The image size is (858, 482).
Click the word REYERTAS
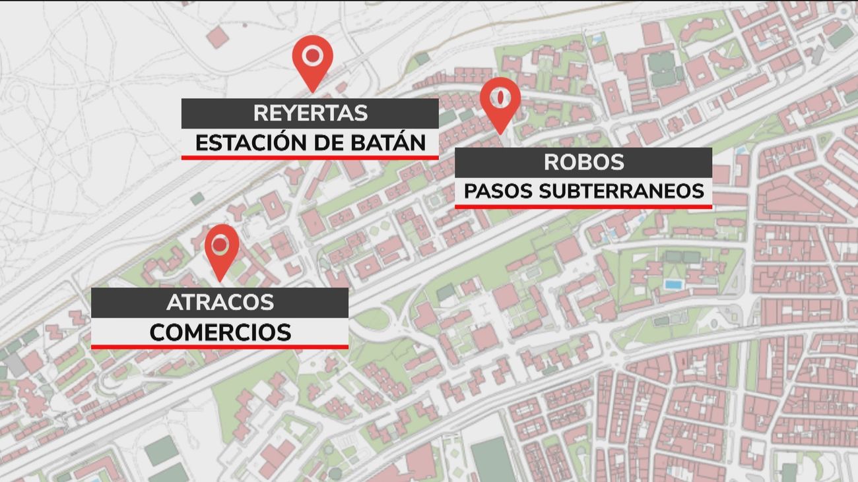point(310,113)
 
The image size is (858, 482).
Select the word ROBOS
point(583,162)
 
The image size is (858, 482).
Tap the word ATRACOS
point(220,303)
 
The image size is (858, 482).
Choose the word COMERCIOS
point(220,332)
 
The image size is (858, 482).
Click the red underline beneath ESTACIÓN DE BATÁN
point(310,158)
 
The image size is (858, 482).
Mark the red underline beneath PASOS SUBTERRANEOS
point(583,206)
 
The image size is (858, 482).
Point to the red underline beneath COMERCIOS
point(220,347)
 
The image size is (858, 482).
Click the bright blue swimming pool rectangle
point(673,284)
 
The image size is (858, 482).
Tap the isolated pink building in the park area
point(217,38)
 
